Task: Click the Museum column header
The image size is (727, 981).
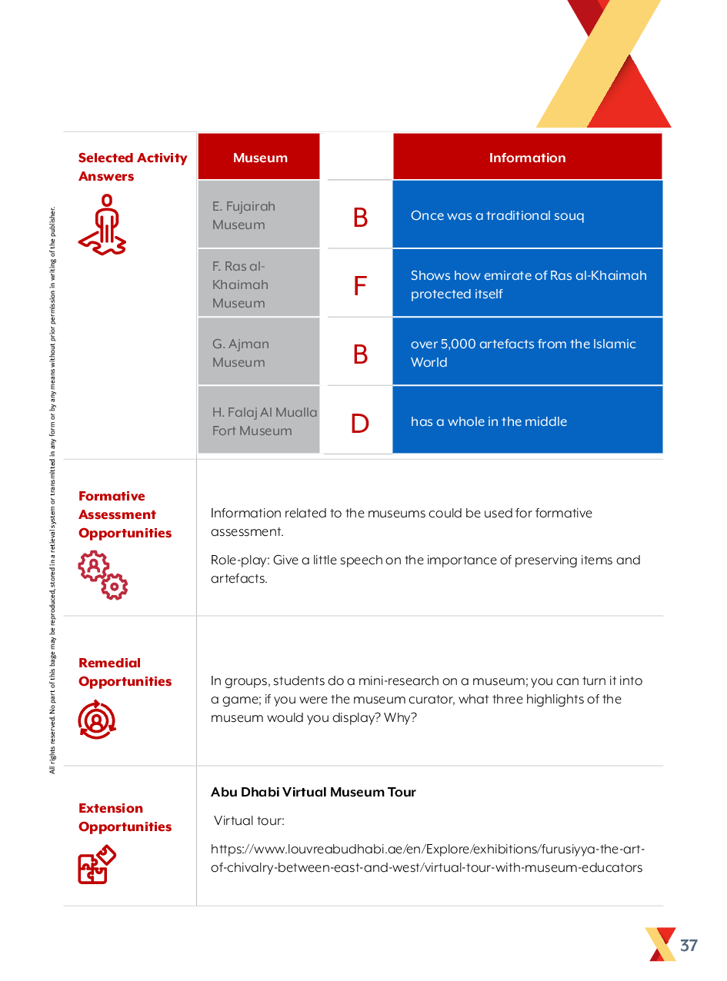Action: tap(260, 158)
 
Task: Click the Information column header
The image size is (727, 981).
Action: tap(527, 158)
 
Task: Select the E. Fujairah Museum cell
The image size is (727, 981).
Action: tap(258, 215)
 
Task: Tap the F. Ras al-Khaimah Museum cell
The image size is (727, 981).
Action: tap(258, 284)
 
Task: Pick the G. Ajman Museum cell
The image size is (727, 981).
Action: tap(258, 353)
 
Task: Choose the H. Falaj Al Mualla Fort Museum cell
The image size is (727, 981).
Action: tap(258, 421)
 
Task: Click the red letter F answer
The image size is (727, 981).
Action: tap(359, 286)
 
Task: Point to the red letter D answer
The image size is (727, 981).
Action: tap(359, 423)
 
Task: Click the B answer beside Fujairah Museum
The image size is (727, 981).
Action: tap(359, 218)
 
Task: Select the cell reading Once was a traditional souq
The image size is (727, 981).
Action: tap(527, 215)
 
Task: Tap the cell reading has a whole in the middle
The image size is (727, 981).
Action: tap(527, 421)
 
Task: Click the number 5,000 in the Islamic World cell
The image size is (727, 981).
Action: tap(457, 344)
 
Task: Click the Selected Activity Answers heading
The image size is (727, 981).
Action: tap(132, 167)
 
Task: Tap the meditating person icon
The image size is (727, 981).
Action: tap(104, 224)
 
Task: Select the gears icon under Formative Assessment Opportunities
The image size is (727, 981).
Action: tap(103, 574)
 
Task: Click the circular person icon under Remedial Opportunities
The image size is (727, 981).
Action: tap(97, 720)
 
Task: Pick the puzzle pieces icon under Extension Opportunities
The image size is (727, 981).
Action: tap(97, 864)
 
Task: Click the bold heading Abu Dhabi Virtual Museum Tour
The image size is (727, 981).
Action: tap(313, 792)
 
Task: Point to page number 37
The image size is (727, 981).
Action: tap(689, 945)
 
